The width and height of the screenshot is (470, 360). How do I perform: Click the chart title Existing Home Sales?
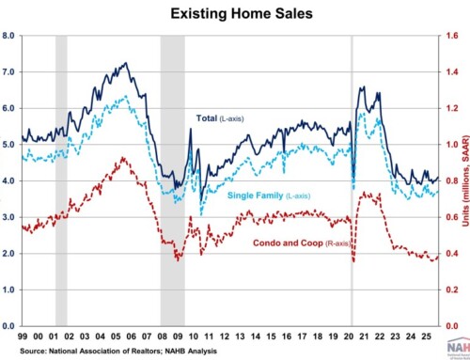coord(235,14)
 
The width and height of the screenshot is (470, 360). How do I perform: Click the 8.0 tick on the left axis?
coord(8,36)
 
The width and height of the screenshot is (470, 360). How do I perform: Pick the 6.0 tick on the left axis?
coord(8,108)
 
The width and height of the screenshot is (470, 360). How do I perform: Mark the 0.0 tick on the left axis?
coord(8,326)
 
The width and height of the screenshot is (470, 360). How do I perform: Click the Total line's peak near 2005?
coord(126,64)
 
